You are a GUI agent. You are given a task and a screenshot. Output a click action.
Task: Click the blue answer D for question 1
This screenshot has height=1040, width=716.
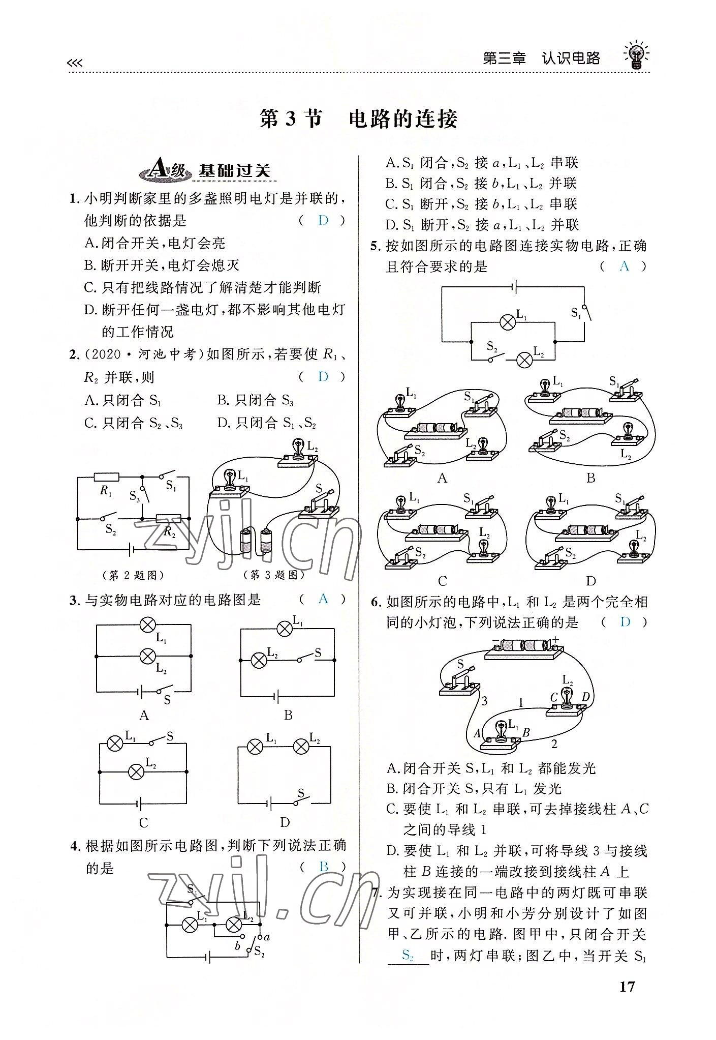(323, 221)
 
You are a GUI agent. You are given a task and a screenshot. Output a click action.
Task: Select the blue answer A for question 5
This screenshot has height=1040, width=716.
(625, 266)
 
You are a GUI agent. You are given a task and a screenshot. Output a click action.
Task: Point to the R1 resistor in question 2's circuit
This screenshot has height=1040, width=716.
(106, 477)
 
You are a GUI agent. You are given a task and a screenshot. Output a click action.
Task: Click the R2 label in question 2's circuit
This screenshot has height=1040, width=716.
(169, 532)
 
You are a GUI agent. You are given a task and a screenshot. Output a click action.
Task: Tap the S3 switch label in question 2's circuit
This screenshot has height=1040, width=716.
(134, 497)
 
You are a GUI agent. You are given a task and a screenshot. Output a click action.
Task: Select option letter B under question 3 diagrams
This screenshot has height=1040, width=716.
(288, 716)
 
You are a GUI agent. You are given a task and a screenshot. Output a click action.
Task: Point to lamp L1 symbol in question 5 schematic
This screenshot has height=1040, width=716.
(507, 322)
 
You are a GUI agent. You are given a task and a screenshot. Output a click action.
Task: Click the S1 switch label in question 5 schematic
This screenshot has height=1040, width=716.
(576, 313)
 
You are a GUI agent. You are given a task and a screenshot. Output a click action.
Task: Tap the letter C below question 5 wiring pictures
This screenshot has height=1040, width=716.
(442, 581)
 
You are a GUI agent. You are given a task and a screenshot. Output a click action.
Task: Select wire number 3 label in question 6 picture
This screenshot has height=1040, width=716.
(484, 701)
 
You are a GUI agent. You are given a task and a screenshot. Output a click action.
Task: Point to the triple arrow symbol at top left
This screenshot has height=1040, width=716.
(74, 63)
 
